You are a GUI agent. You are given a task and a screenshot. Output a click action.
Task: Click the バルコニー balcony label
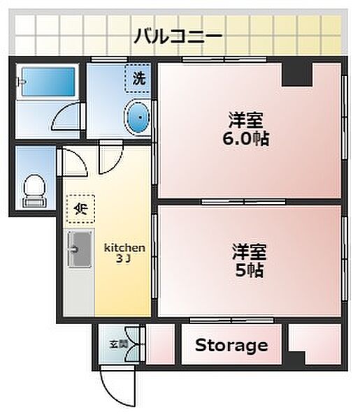click(x=178, y=34)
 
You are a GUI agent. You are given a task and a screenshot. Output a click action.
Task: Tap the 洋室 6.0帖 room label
click(x=239, y=128)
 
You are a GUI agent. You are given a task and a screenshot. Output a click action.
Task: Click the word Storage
click(x=231, y=345)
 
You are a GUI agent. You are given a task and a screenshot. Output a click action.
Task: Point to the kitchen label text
click(x=124, y=251)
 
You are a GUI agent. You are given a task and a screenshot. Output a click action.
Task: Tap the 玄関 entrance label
click(x=118, y=344)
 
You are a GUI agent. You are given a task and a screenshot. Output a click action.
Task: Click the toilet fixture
click(x=33, y=189)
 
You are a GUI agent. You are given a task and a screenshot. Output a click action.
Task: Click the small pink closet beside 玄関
click(x=160, y=344)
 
